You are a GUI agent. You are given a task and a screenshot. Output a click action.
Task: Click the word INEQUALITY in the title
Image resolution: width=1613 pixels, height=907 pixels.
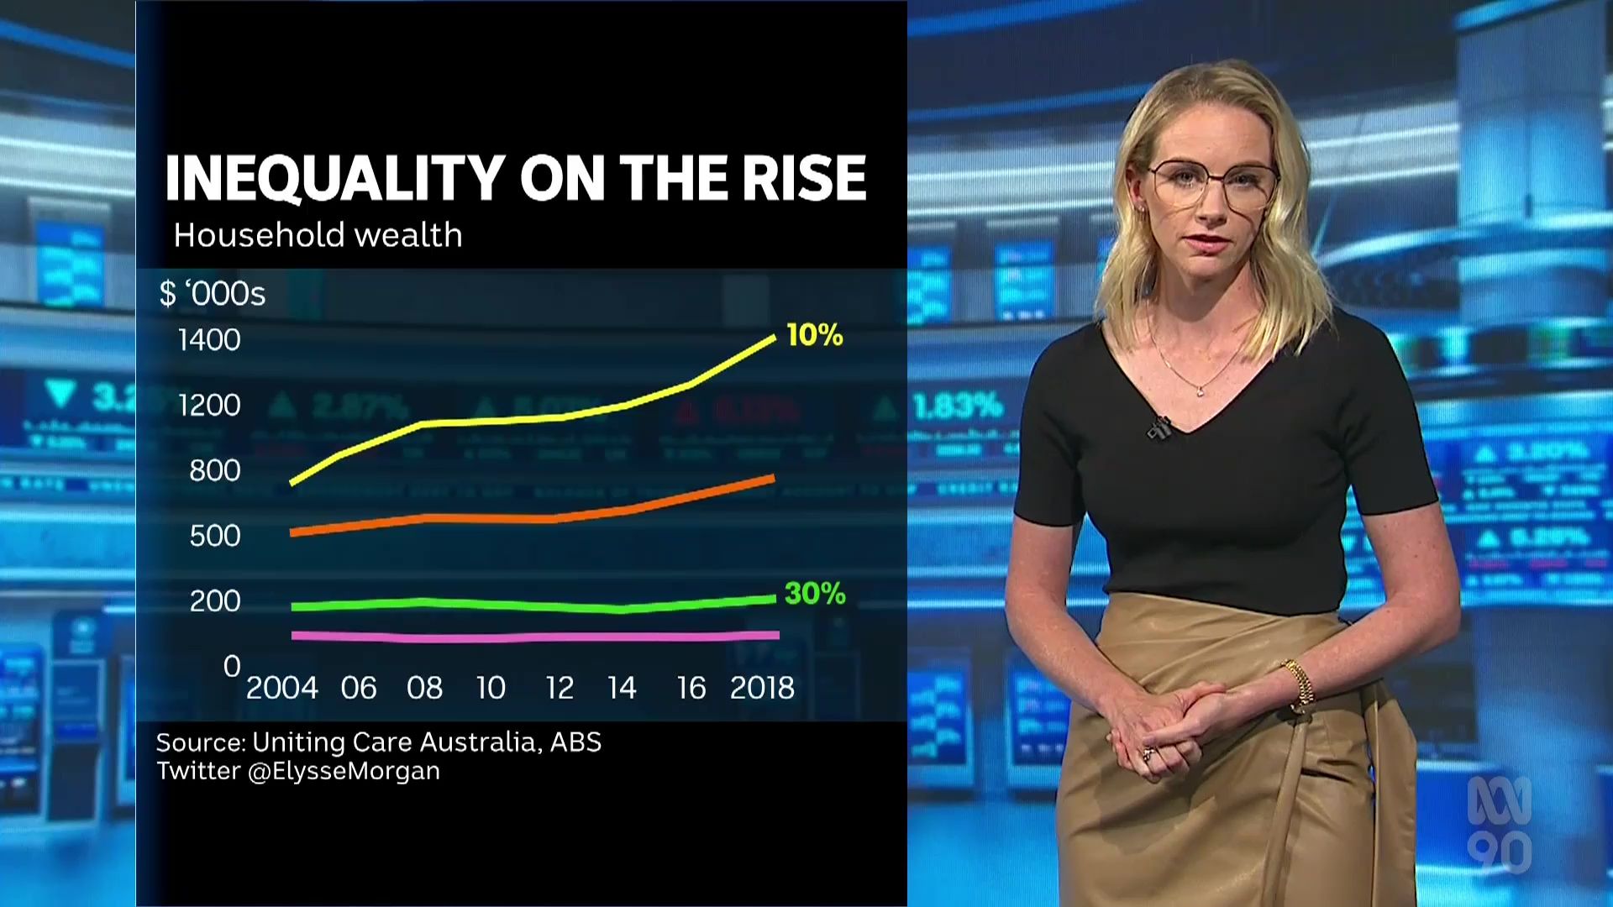point(334,178)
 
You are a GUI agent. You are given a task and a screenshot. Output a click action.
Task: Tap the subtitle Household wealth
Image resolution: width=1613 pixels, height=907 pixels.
point(318,235)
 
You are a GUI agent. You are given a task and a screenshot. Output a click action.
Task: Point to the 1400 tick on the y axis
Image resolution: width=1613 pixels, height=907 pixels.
point(209,340)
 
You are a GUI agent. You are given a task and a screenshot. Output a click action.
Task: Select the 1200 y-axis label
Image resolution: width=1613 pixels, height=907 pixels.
point(209,406)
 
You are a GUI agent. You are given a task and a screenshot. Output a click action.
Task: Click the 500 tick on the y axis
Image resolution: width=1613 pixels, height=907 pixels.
point(215,536)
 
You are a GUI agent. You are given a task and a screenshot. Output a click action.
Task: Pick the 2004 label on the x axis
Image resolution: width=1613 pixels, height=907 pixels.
point(281,689)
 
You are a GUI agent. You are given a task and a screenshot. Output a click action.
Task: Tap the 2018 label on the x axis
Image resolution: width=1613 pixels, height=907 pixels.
point(762,689)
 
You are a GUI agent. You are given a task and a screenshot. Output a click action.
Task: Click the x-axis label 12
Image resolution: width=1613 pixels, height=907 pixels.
point(559,689)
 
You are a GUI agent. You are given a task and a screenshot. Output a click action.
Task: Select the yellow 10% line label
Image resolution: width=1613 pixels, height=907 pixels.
point(814,335)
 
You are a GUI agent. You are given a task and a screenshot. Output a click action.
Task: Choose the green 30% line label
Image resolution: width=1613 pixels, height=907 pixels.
point(814,594)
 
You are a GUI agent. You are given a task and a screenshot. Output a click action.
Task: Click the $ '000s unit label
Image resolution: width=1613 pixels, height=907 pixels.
point(213,294)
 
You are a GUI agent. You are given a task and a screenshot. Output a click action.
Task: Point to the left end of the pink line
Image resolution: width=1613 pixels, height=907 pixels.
point(294,635)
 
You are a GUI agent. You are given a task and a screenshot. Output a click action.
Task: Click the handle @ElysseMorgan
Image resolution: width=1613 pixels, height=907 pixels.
point(344,771)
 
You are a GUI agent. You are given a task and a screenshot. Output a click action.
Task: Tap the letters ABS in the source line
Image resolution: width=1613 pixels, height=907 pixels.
point(575,742)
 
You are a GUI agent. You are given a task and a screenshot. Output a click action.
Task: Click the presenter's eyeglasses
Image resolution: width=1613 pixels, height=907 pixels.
point(1212,186)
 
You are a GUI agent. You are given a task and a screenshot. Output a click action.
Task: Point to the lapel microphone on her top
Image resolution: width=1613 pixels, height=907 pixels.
point(1159,428)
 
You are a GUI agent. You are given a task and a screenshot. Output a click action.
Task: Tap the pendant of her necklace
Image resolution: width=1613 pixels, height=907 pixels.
point(1199,390)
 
